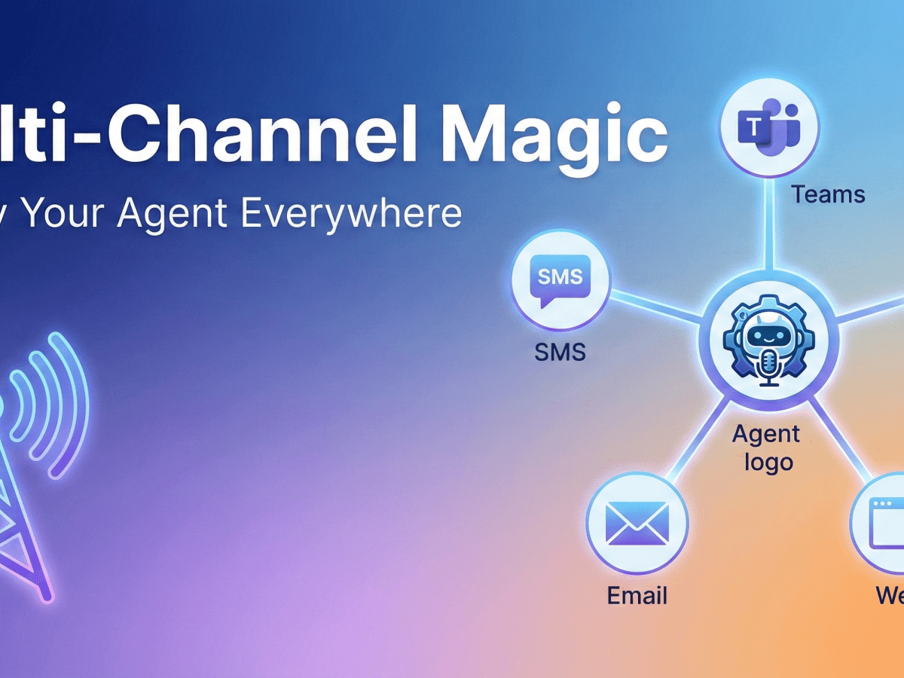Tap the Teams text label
click(x=828, y=195)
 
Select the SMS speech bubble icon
click(x=560, y=281)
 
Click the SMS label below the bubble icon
click(x=560, y=351)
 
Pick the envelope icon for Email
click(x=637, y=523)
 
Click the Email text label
click(x=637, y=596)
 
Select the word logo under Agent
click(x=768, y=462)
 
